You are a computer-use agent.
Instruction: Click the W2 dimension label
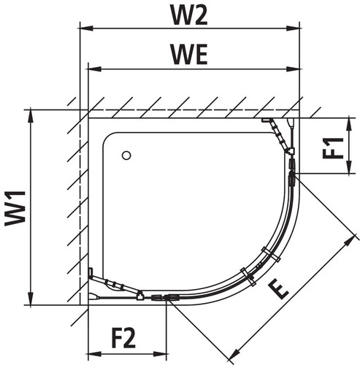pyautogui.click(x=189, y=15)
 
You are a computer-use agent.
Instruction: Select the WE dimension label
pyautogui.click(x=190, y=54)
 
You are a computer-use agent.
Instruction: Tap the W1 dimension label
pyautogui.click(x=15, y=209)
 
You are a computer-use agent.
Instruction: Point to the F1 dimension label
pyautogui.click(x=333, y=148)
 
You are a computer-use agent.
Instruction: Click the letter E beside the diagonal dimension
pyautogui.click(x=278, y=290)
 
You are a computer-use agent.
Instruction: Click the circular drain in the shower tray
pyautogui.click(x=126, y=155)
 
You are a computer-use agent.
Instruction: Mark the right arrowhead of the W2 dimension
pyautogui.click(x=293, y=28)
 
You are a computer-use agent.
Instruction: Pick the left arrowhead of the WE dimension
pyautogui.click(x=95, y=69)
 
